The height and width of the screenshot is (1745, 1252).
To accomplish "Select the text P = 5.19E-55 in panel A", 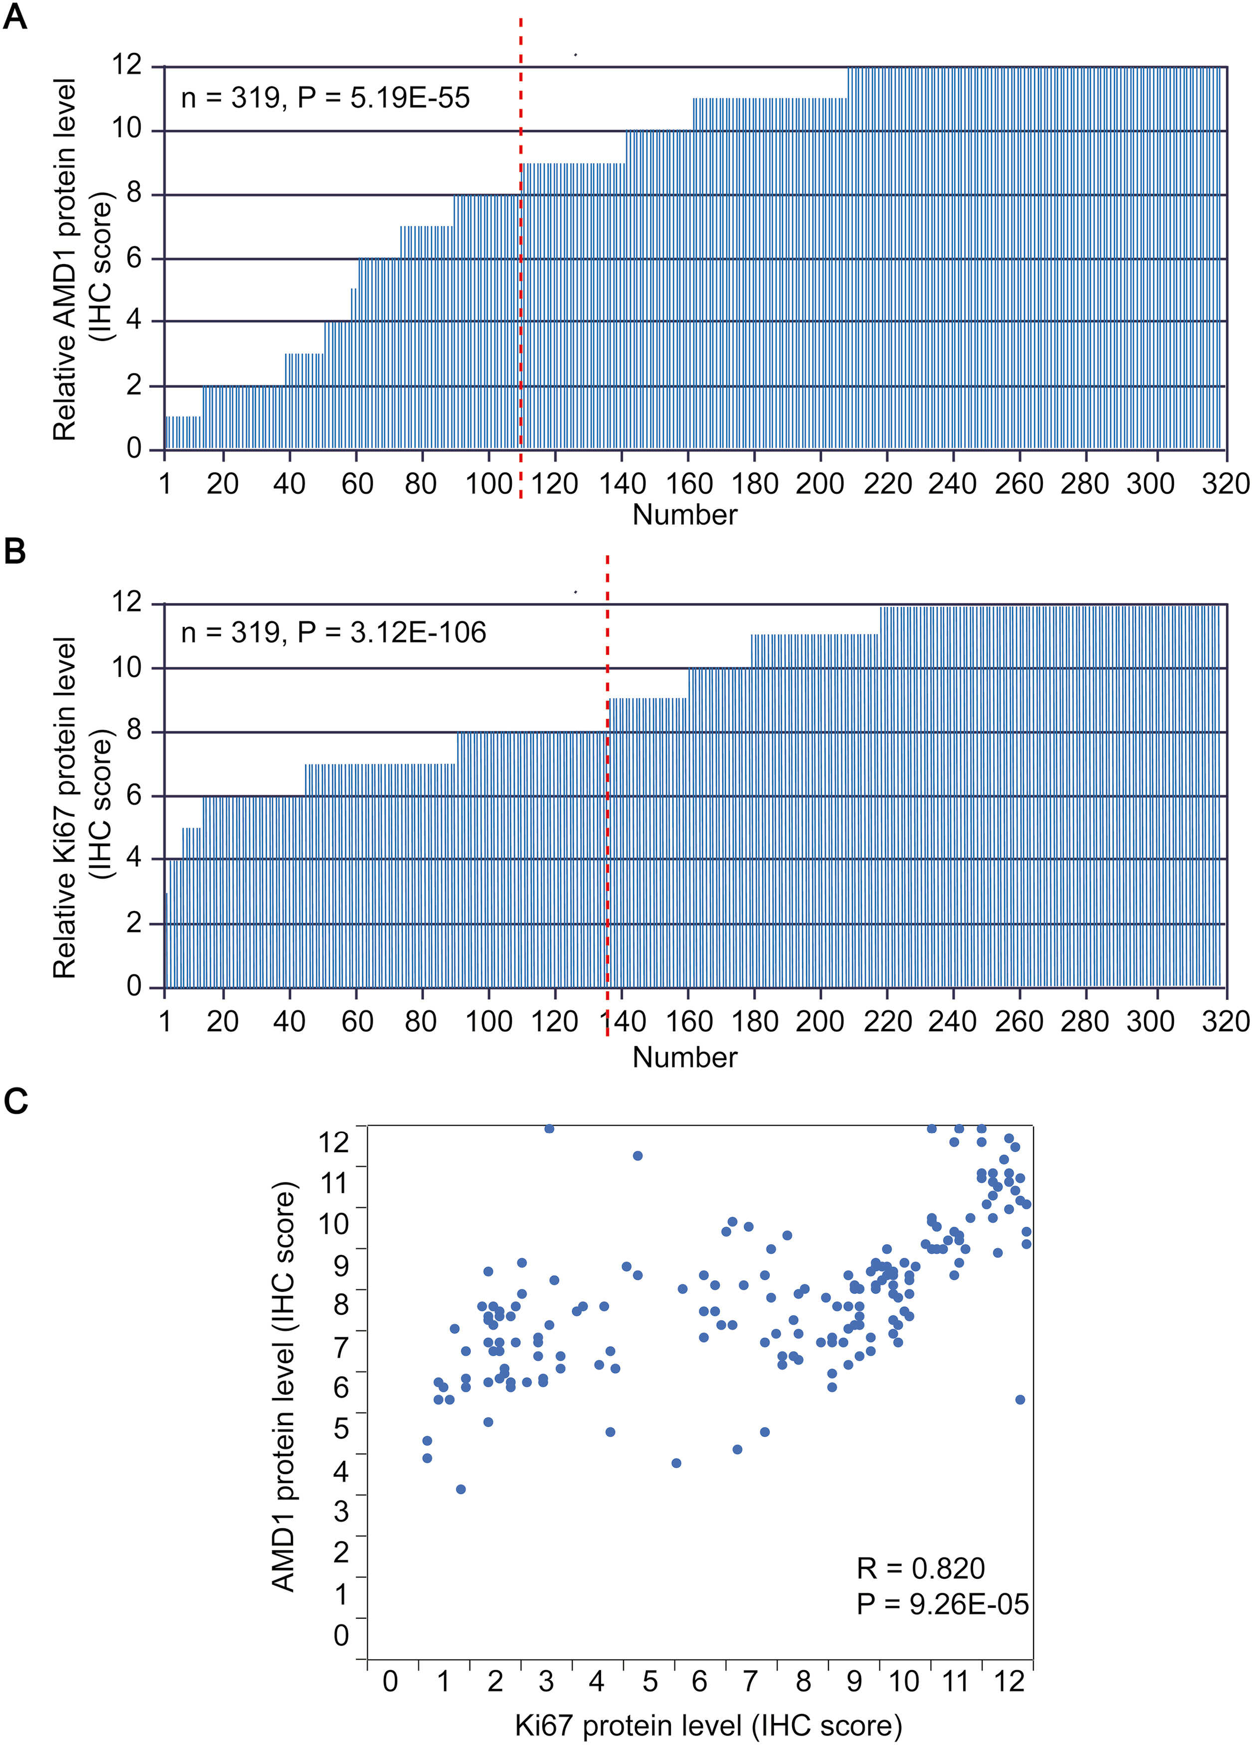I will click(x=383, y=98).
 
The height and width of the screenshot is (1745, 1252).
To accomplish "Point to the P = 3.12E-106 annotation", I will click(x=392, y=632).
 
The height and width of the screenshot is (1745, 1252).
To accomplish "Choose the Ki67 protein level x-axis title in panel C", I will click(x=707, y=1725).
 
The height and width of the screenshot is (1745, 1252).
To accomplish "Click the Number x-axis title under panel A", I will click(x=684, y=515).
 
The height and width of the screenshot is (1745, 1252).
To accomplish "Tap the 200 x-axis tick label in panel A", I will click(x=821, y=484).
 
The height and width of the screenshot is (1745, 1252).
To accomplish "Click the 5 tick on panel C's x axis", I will click(x=650, y=1681).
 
